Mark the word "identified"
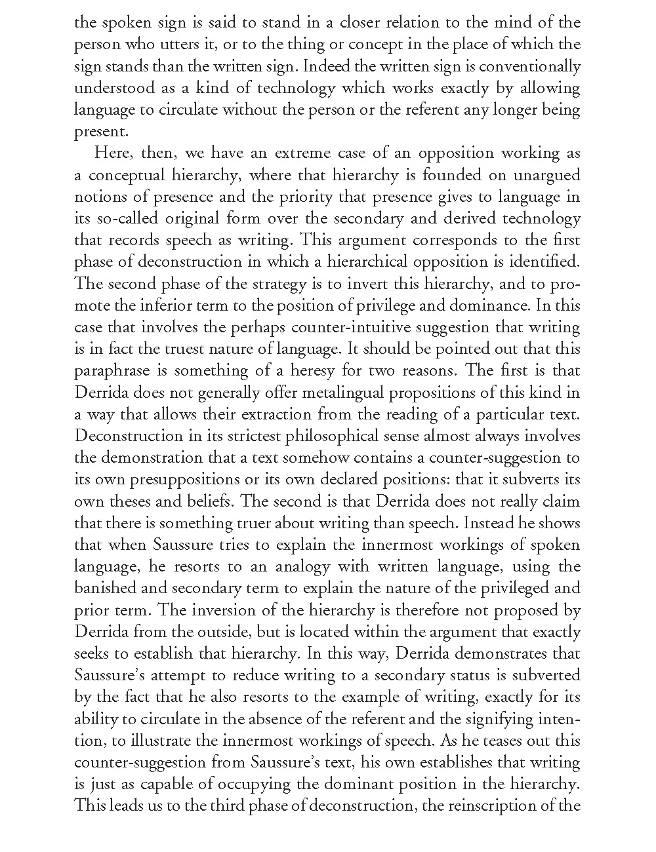[x=546, y=261]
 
